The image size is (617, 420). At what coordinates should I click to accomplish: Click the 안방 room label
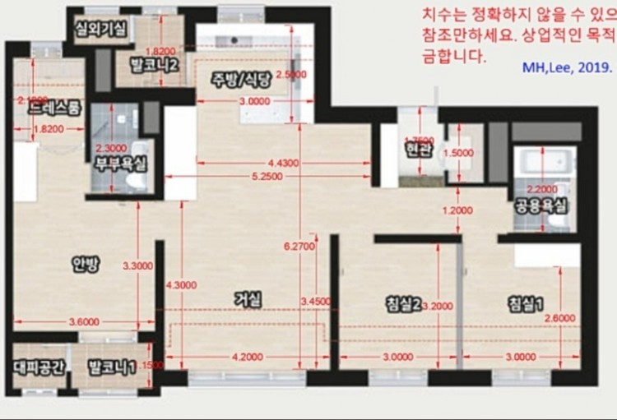coord(86,264)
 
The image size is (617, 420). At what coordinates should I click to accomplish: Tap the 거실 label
coord(248,301)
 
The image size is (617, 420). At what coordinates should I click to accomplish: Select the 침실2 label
coord(403,303)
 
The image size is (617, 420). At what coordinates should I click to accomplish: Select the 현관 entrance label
coord(420,150)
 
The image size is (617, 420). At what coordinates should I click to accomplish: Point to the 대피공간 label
coord(39,367)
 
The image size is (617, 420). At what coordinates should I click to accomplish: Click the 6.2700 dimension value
coord(299,245)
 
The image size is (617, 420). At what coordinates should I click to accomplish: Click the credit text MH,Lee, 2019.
coord(568,68)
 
